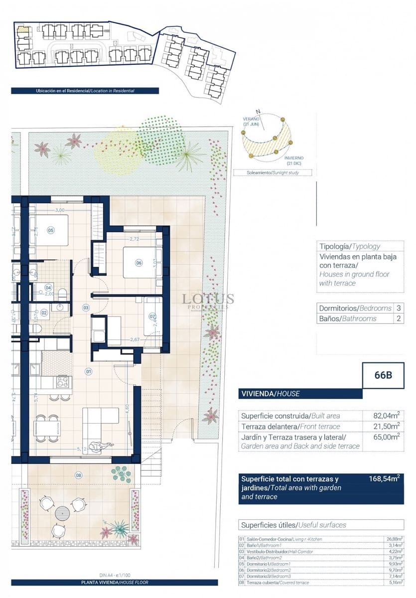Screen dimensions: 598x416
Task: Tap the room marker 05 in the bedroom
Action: pos(50,230)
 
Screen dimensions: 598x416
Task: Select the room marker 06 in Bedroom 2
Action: pos(139,263)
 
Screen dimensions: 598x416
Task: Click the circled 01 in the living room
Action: pos(88,371)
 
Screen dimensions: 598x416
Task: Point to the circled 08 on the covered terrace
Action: pos(78,475)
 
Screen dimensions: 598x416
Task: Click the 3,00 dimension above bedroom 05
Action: pos(60,210)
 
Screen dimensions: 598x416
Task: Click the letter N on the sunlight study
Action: pos(258,112)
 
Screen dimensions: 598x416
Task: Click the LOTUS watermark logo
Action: pos(208,299)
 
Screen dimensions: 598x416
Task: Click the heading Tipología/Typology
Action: pos(349,246)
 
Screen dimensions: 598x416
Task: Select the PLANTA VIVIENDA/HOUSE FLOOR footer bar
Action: pos(115,582)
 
